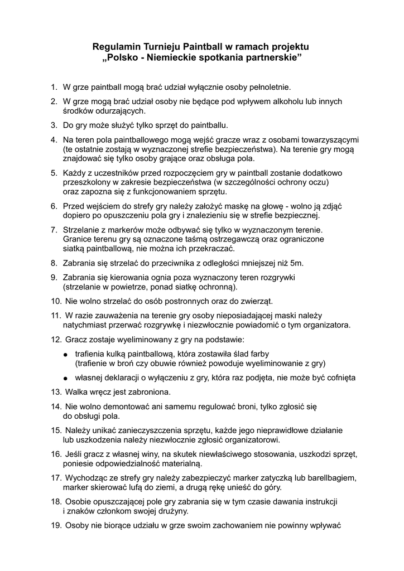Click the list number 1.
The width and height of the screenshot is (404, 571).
(54, 87)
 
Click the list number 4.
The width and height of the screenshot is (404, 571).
(54, 139)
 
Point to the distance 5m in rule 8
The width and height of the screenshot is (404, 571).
(298, 263)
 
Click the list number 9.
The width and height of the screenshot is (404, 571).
(54, 277)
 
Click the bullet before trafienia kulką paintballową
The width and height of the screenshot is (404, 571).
(65, 354)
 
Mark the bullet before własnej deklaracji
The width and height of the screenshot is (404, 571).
(65, 378)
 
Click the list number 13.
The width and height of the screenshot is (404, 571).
(56, 392)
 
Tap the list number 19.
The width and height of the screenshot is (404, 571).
(56, 525)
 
